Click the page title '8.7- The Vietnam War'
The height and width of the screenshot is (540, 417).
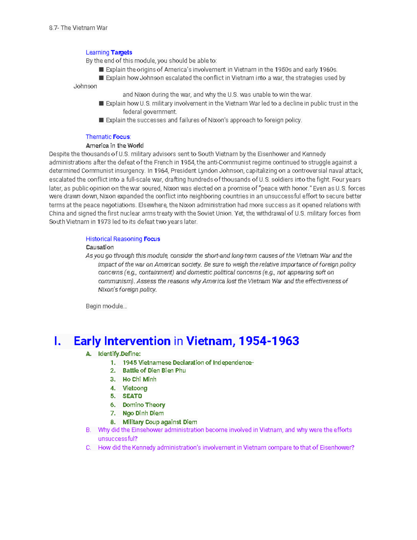[78, 28]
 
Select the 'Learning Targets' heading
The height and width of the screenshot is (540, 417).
[109, 53]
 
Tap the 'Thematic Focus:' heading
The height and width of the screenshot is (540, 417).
[108, 137]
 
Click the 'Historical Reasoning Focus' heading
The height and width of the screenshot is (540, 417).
[123, 239]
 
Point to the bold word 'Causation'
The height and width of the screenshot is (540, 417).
[100, 247]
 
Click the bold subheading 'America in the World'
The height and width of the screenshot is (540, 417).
[115, 145]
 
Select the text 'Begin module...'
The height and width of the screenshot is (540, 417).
[106, 306]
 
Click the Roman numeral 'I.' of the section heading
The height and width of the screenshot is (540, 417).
[58, 341]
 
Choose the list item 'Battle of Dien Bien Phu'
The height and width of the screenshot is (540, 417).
[154, 371]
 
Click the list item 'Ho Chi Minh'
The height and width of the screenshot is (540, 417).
[139, 379]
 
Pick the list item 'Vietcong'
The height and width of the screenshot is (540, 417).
[135, 388]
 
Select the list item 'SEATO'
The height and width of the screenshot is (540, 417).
[132, 396]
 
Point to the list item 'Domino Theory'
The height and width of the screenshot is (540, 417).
[144, 405]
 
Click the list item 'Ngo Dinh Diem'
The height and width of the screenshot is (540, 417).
[143, 413]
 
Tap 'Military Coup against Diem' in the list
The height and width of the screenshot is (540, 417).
[160, 422]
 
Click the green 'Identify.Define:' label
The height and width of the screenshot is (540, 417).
[119, 354]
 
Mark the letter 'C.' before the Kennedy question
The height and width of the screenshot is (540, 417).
[89, 448]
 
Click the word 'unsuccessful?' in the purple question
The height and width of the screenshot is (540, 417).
[118, 438]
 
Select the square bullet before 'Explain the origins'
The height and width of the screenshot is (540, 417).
[101, 70]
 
